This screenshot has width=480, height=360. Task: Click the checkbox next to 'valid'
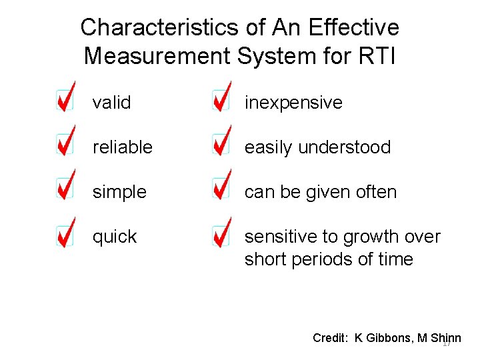click(65, 100)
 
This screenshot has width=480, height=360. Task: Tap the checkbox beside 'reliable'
click(65, 145)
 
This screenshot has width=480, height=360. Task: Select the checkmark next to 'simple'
click(65, 189)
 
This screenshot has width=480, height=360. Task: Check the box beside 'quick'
click(65, 234)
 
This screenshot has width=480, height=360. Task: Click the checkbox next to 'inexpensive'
click(221, 100)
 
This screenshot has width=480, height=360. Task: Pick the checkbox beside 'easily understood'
click(221, 145)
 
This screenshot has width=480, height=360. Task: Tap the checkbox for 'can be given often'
click(221, 189)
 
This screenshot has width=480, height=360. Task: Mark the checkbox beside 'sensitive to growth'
click(221, 234)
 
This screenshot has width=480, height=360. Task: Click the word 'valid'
click(111, 103)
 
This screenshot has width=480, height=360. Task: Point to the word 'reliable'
click(123, 147)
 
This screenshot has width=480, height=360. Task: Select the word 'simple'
click(119, 192)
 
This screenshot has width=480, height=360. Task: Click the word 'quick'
click(115, 237)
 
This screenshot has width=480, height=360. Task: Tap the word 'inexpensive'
click(293, 103)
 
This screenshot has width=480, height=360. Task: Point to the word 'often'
click(376, 192)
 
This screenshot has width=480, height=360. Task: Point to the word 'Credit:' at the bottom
click(330, 337)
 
